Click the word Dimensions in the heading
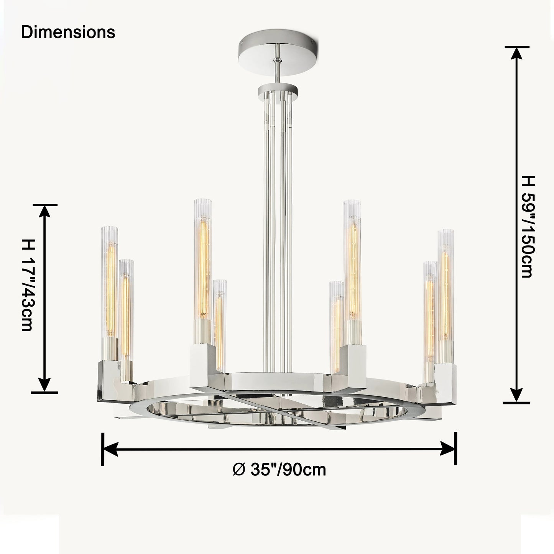pos(68,32)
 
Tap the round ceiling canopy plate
pos(278,53)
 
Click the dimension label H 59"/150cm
pos(528,226)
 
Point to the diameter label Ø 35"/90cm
pos(279,470)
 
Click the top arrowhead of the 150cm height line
pos(517,61)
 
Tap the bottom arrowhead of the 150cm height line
pos(517,395)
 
